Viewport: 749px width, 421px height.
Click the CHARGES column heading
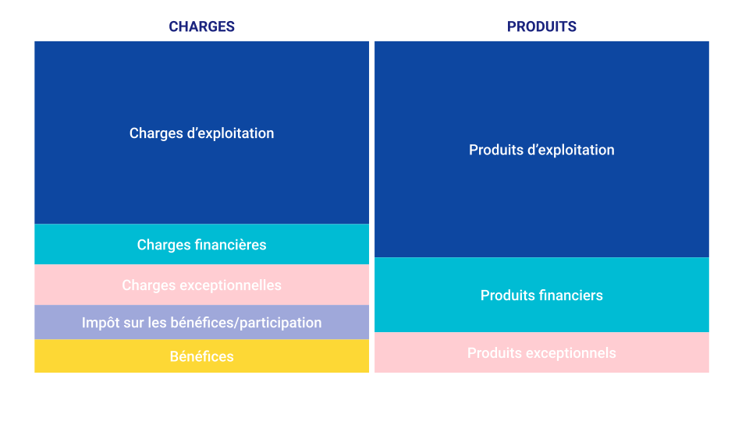(201, 27)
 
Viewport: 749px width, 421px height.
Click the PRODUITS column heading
(541, 27)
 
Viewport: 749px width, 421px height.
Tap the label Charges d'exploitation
(201, 133)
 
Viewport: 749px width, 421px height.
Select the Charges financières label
(201, 245)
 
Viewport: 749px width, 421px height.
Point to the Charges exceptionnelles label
(201, 285)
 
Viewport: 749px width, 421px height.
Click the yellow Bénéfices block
(201, 356)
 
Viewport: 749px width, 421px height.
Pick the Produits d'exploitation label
(541, 150)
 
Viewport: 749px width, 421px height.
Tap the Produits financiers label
(541, 295)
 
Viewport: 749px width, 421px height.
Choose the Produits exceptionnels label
(541, 353)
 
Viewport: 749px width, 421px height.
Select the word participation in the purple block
(280, 323)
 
